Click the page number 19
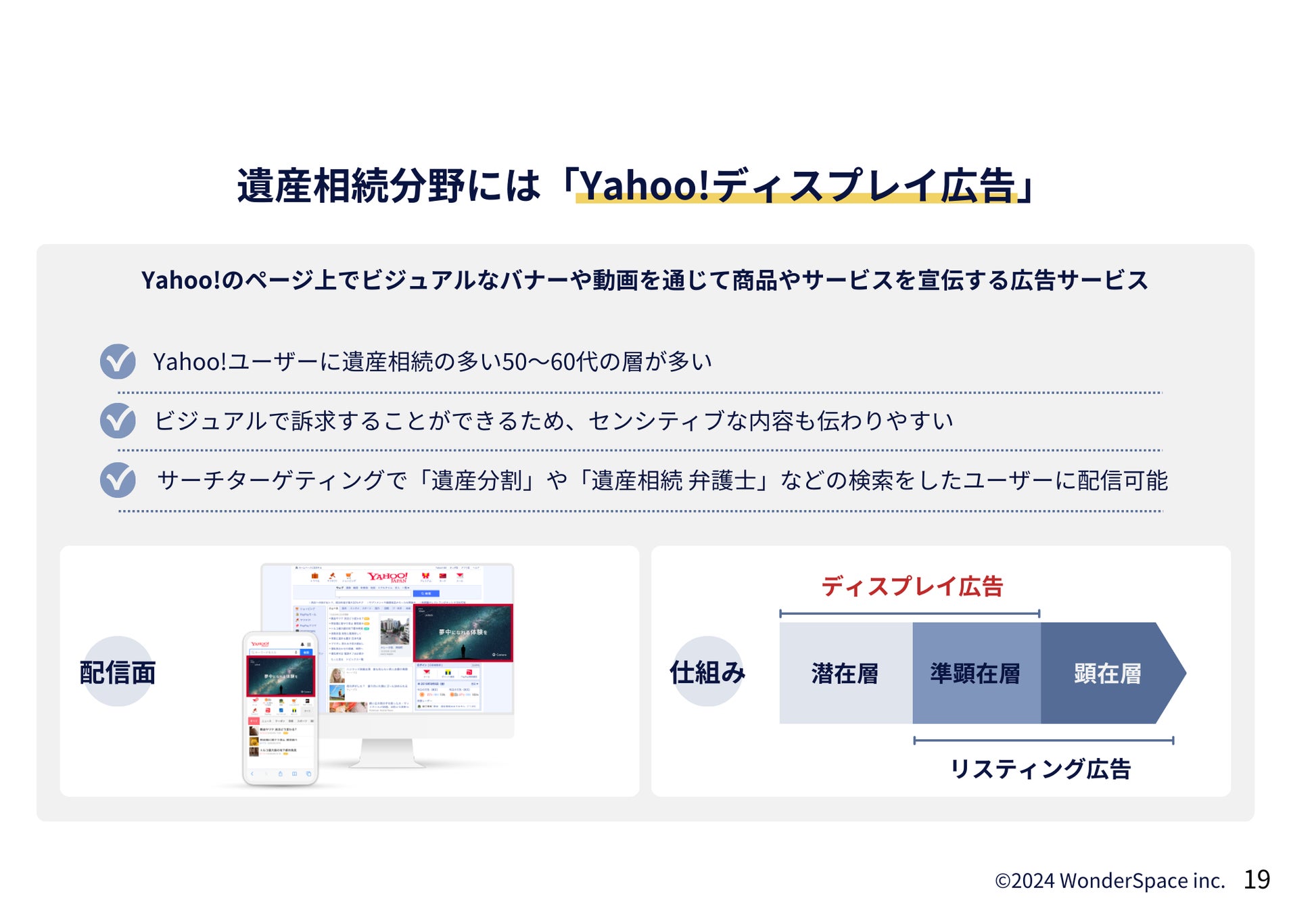tap(1256, 879)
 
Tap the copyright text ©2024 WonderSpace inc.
tap(1109, 881)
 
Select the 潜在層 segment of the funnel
tap(845, 674)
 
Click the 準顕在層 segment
tap(975, 674)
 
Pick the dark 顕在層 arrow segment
tap(1107, 674)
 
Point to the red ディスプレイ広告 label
tap(912, 586)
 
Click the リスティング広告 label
tap(1040, 769)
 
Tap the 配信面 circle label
tap(118, 672)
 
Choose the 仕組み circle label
tap(707, 672)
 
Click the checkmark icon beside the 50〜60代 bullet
tap(118, 361)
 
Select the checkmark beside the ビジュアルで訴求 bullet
tap(118, 420)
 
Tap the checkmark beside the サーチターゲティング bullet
tap(118, 479)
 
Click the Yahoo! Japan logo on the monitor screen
tap(388, 577)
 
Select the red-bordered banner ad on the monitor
tap(463, 632)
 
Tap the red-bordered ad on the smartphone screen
tap(281, 676)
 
